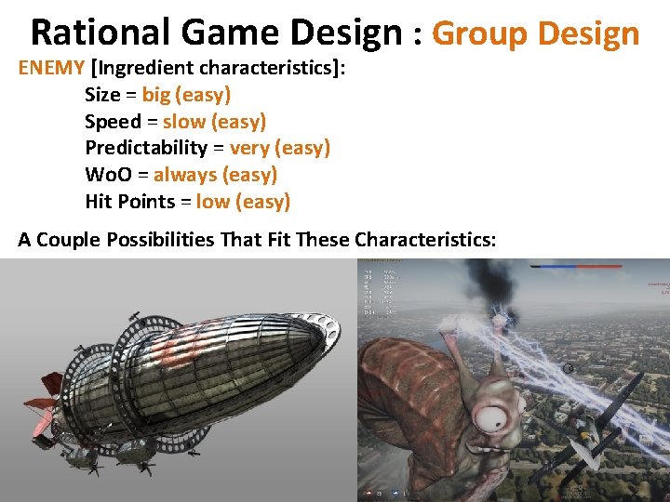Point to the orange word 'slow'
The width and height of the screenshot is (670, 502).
point(183,122)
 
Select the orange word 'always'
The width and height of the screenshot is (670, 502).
point(185,175)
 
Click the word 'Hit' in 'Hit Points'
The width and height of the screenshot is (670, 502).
point(98,202)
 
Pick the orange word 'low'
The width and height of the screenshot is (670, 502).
point(213,202)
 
